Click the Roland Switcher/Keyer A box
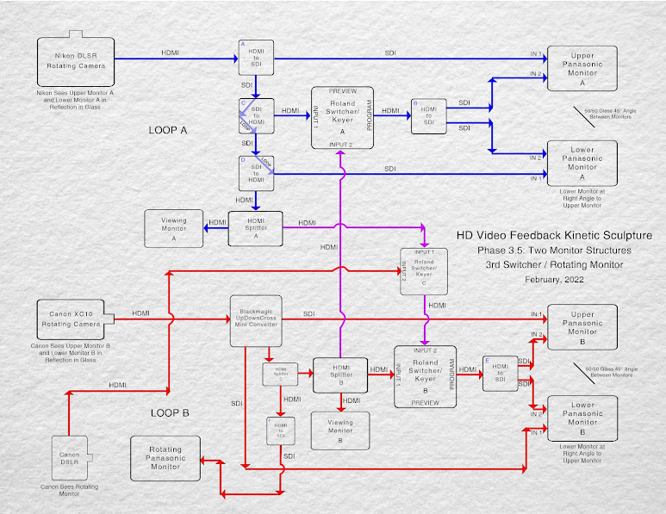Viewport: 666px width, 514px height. (x=342, y=117)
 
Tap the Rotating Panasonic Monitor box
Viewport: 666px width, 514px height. (x=165, y=459)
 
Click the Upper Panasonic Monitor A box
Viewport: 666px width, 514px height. (x=582, y=67)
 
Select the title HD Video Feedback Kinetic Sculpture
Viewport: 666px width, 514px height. (x=553, y=235)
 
